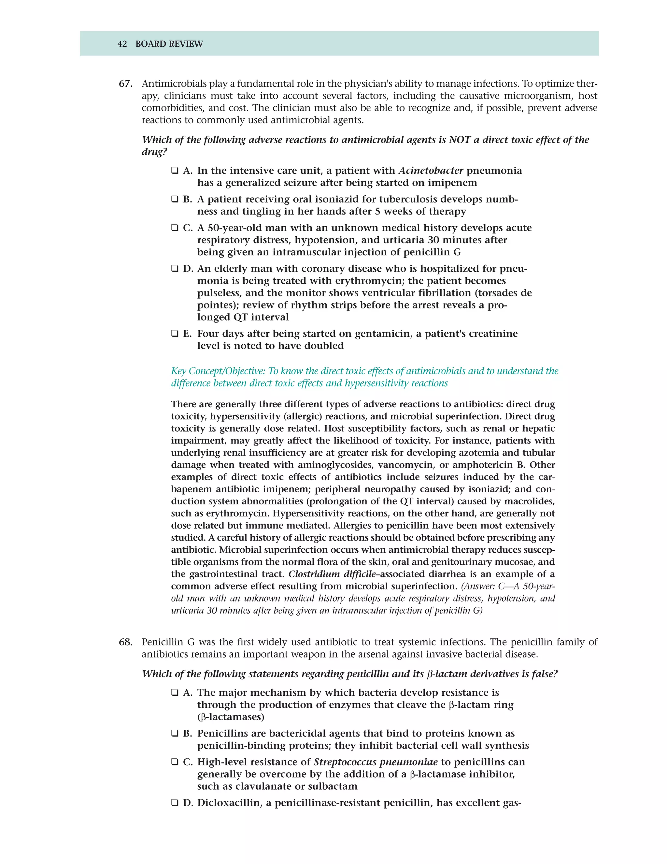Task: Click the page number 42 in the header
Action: click(x=122, y=44)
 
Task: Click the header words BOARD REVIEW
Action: click(x=169, y=44)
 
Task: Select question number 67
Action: click(x=125, y=84)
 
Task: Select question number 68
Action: click(x=125, y=642)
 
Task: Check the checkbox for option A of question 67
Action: click(x=174, y=171)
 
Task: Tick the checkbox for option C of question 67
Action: click(x=174, y=228)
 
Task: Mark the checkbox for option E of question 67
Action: click(x=174, y=334)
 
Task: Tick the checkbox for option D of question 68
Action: click(x=174, y=803)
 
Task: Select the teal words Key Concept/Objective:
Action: click(x=219, y=371)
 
